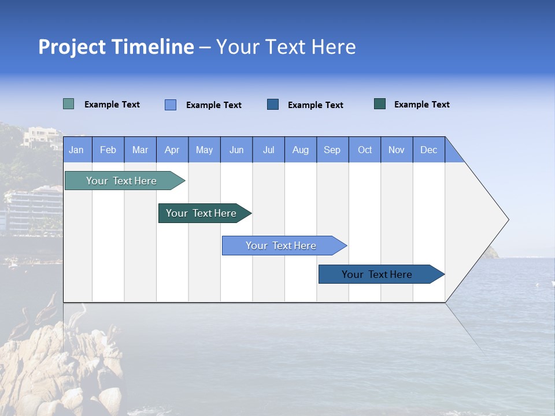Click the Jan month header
click(x=77, y=150)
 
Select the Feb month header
click(x=108, y=150)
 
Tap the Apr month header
click(x=172, y=150)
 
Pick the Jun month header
click(x=236, y=150)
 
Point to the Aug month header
click(x=301, y=150)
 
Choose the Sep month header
click(x=332, y=150)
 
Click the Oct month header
click(x=365, y=150)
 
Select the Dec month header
click(x=429, y=150)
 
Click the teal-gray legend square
click(x=69, y=104)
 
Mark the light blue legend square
click(x=171, y=105)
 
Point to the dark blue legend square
click(x=273, y=104)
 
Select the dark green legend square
click(x=380, y=104)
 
